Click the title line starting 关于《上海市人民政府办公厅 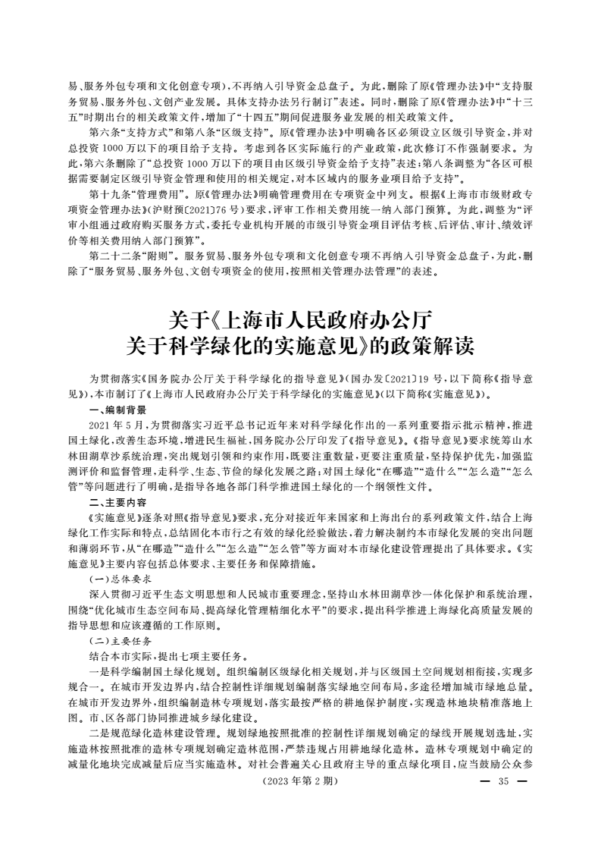[301, 318]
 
